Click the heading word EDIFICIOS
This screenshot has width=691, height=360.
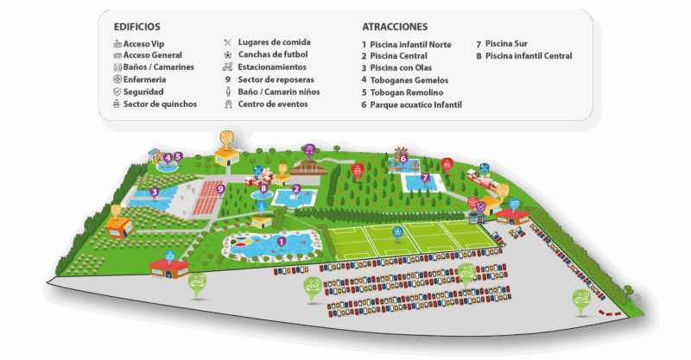click(x=136, y=27)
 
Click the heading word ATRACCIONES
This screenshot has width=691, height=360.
click(x=395, y=27)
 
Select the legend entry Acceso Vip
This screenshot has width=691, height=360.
click(x=143, y=42)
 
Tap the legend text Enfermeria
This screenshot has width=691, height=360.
click(x=144, y=79)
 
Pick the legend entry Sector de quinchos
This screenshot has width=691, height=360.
click(x=160, y=104)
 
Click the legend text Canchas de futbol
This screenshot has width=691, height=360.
click(x=273, y=54)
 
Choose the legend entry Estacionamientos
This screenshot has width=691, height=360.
click(x=272, y=66)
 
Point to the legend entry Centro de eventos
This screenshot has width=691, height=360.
click(x=273, y=104)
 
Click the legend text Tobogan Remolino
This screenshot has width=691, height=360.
click(x=407, y=92)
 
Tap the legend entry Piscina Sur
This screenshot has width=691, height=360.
click(x=507, y=43)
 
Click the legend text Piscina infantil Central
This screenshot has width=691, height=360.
click(x=529, y=55)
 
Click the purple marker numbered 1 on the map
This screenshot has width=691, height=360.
click(x=281, y=243)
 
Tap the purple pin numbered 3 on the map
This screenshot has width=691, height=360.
click(x=154, y=192)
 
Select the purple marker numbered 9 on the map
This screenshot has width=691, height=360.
click(x=221, y=188)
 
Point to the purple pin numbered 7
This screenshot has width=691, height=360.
click(x=425, y=178)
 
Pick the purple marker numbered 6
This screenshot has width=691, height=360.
click(x=403, y=158)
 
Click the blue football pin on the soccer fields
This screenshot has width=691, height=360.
click(x=397, y=231)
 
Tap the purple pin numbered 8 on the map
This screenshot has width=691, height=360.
click(x=263, y=187)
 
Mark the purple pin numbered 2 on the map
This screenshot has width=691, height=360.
click(x=296, y=189)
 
